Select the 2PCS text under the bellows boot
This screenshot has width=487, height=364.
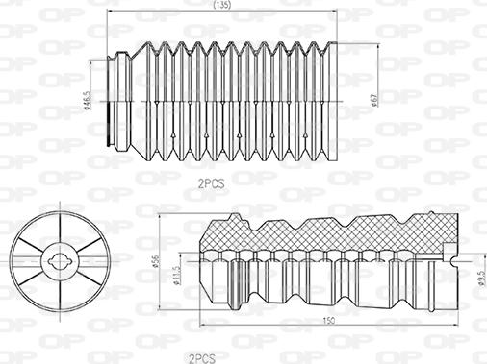212,180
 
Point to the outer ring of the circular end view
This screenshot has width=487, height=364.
14,257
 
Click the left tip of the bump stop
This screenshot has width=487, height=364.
199,257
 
